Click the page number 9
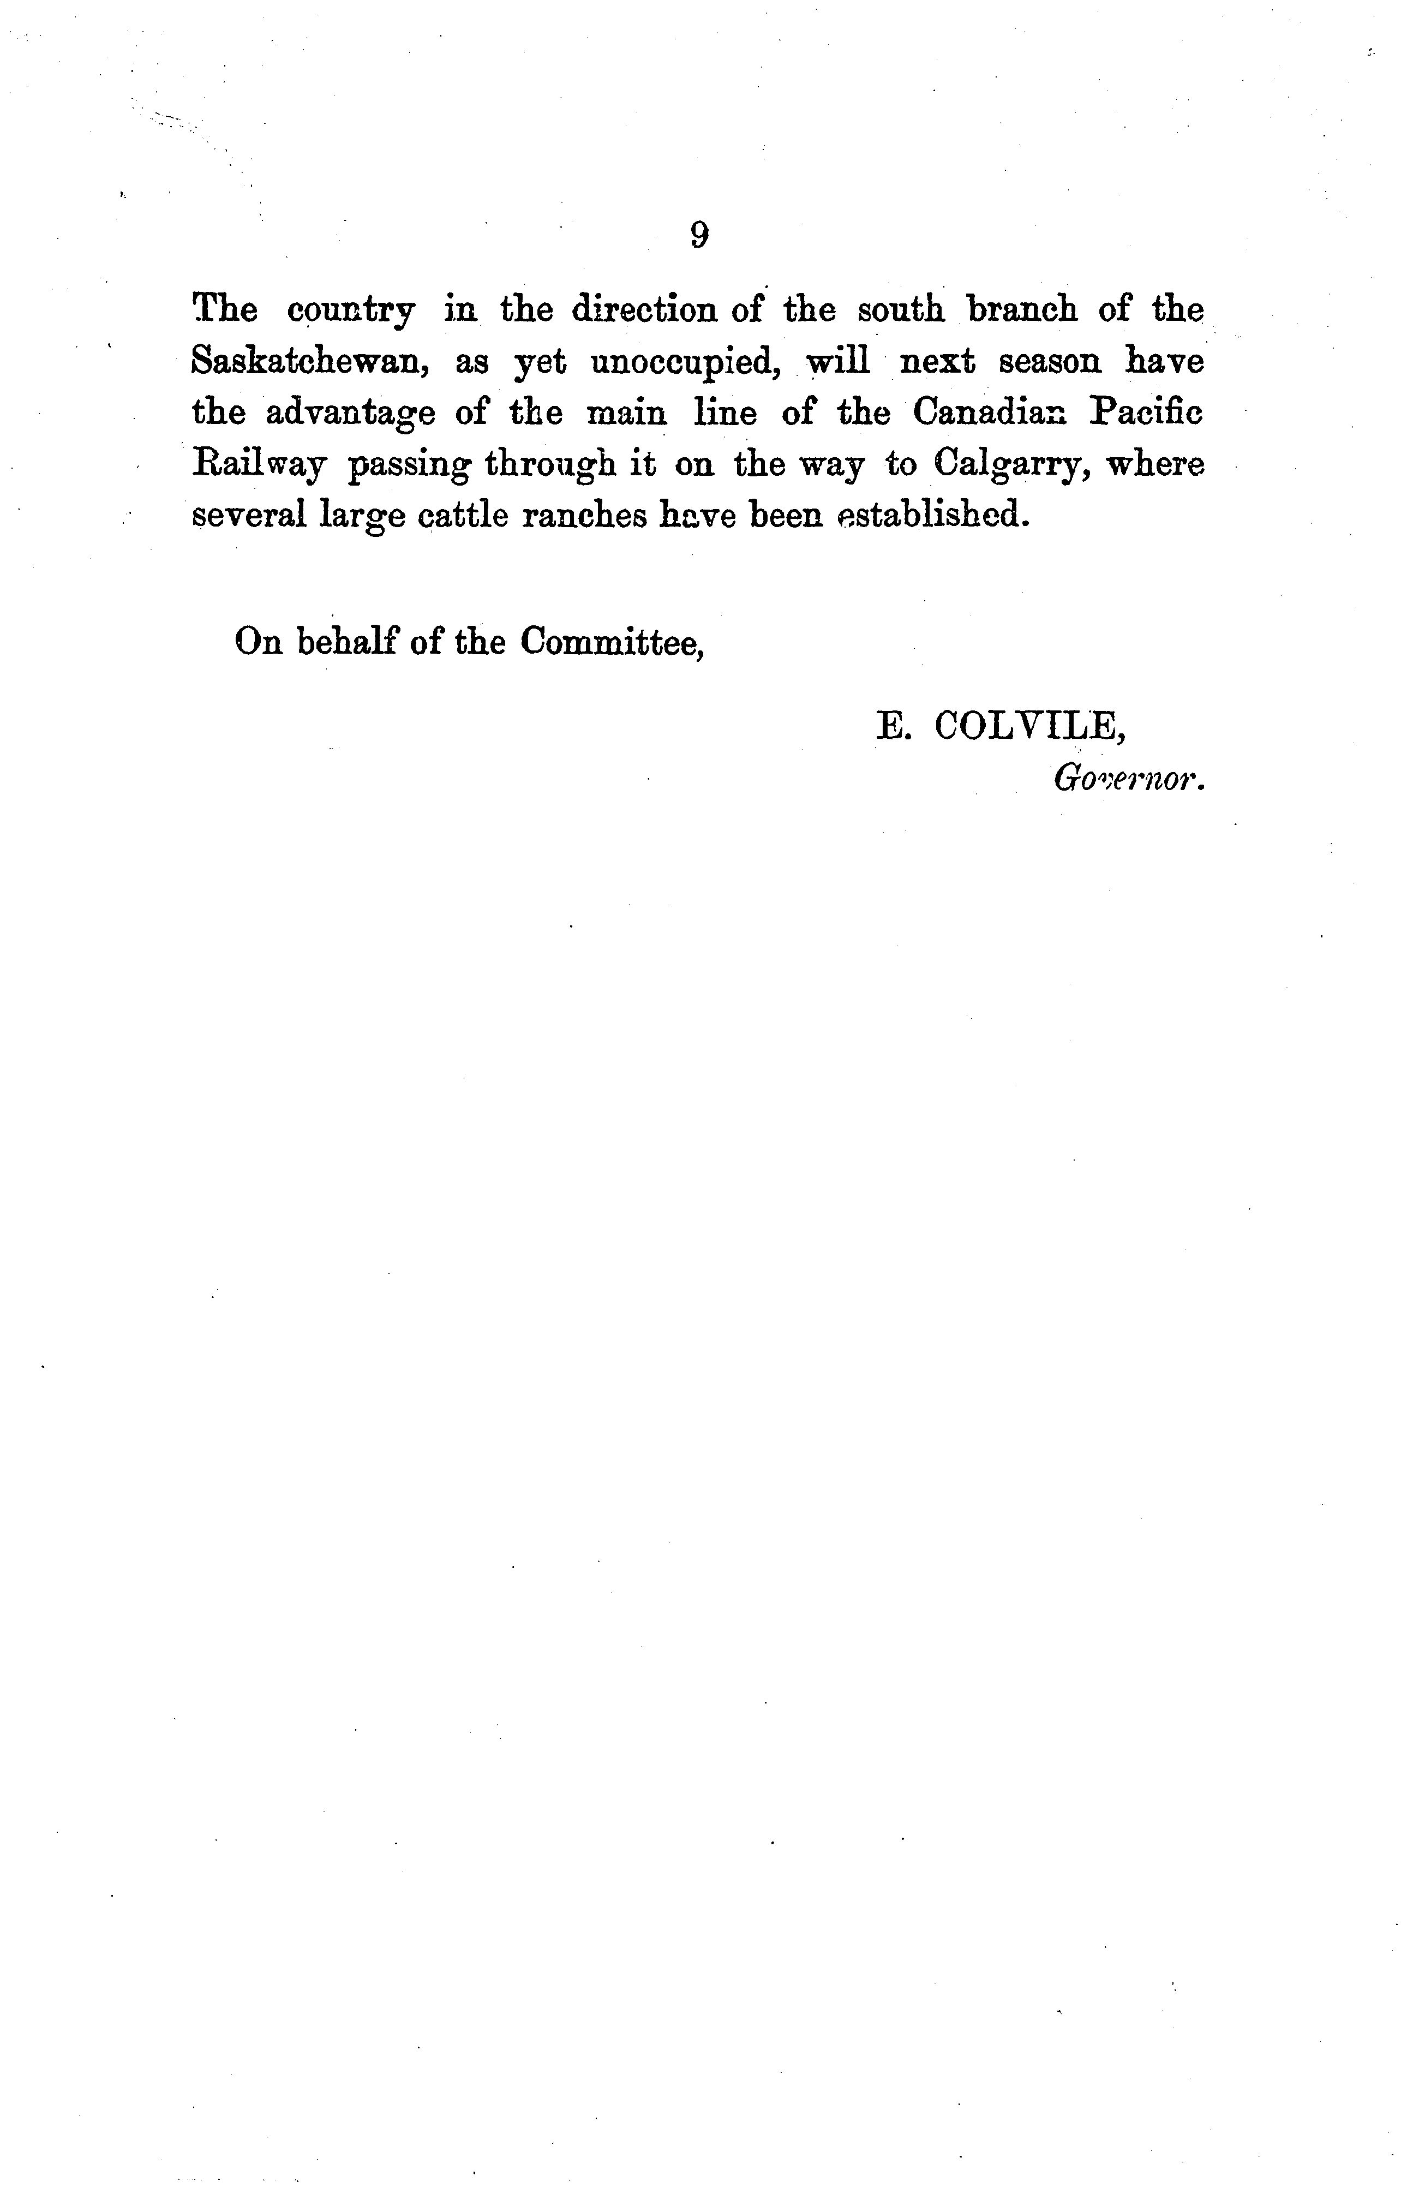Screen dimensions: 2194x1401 click(699, 235)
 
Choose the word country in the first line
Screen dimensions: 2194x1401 click(351, 312)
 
